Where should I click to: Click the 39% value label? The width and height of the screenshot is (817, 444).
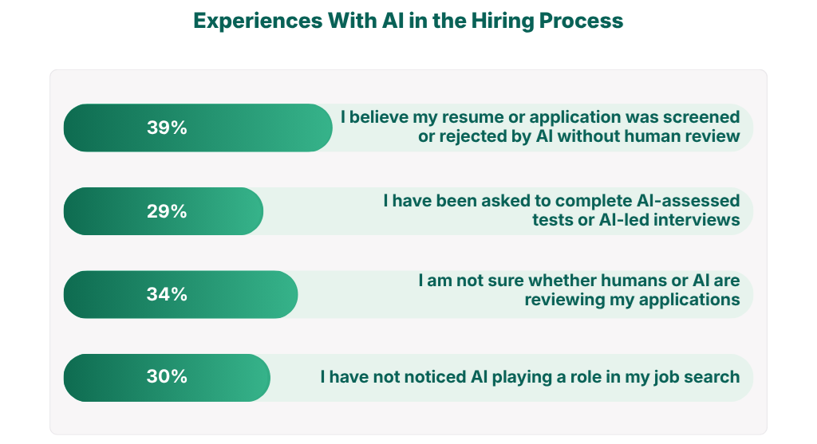(167, 128)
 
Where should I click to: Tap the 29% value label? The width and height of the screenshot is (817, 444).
(167, 211)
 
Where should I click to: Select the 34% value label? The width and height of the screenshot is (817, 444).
(167, 294)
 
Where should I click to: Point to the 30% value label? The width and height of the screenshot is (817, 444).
(167, 376)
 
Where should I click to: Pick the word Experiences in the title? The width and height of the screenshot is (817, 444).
(258, 22)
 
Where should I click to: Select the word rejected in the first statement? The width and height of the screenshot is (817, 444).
(472, 136)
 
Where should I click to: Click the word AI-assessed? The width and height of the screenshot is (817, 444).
(688, 200)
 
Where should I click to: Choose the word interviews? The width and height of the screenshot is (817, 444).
(696, 220)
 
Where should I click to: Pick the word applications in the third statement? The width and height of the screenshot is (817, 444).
(689, 301)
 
